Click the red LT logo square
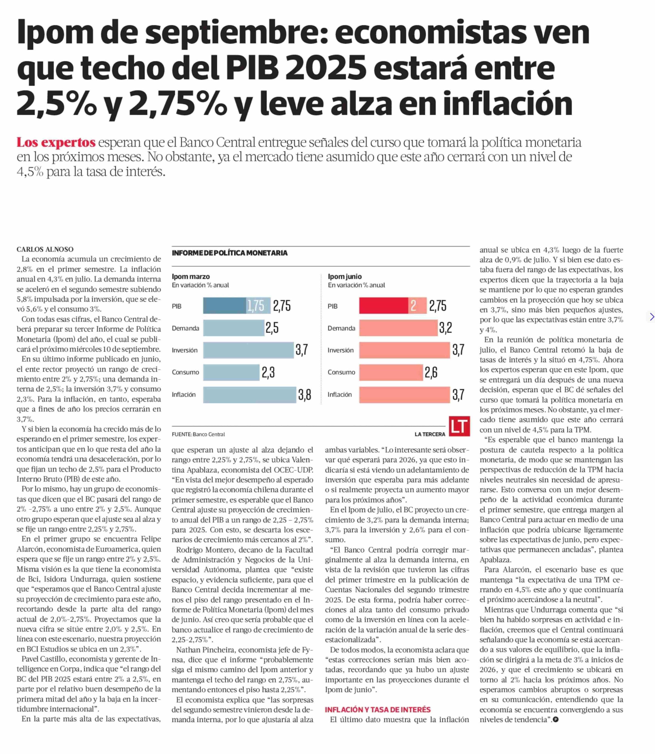[459, 426]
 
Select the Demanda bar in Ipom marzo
[234, 328]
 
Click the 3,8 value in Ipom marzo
[304, 395]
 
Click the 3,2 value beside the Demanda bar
[446, 328]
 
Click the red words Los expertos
[56, 142]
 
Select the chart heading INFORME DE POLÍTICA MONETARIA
[230, 253]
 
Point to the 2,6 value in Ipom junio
[431, 372]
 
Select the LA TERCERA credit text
[430, 434]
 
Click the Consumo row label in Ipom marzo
[185, 372]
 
